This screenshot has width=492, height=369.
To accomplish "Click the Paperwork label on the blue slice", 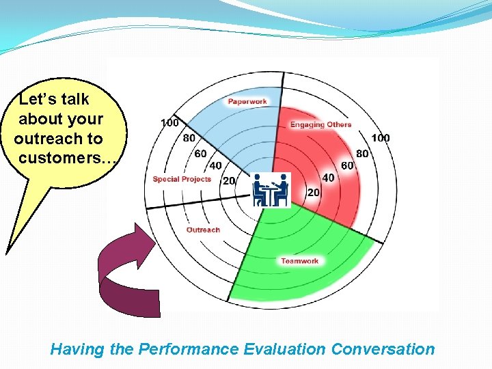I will (x=247, y=102).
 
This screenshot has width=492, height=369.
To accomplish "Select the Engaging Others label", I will (x=320, y=124).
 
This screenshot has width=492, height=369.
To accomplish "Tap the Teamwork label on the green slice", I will (x=299, y=261).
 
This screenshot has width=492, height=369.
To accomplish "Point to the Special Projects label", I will (x=182, y=179).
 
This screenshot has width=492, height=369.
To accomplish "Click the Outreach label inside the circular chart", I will (x=203, y=230).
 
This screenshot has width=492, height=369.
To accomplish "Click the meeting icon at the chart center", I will (x=271, y=190).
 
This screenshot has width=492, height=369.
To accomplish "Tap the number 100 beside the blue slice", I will (x=170, y=123).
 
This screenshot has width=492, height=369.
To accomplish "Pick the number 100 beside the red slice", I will (x=380, y=138).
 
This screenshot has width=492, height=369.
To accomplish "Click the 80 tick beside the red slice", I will (x=362, y=153).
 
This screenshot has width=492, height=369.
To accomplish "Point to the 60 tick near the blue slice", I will (x=200, y=154).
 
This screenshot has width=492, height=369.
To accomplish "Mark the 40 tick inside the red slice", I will (x=328, y=178).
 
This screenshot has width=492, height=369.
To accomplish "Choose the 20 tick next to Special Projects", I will (x=228, y=180).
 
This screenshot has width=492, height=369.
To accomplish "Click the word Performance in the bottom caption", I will (x=188, y=349).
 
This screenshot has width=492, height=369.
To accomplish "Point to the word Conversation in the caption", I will (x=383, y=349).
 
